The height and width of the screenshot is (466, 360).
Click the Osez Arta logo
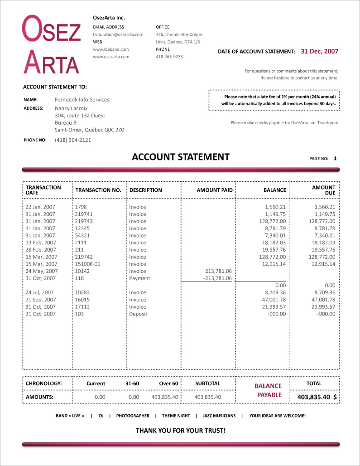(52, 44)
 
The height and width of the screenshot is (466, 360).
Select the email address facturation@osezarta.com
(118, 34)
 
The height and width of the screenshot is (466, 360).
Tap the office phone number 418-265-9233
(169, 57)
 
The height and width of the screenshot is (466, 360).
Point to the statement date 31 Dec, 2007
(319, 52)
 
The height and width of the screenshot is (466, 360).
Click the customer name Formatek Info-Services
(82, 100)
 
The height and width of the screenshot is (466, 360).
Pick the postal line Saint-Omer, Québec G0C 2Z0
(89, 130)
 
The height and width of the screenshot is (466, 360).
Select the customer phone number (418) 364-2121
(73, 140)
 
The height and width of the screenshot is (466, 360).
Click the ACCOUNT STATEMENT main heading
(181, 157)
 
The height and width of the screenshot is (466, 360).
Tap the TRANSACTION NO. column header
(98, 190)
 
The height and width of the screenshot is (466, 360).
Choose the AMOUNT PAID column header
(215, 190)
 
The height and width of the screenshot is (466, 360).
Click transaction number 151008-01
(88, 264)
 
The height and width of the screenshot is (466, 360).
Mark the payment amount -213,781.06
(217, 278)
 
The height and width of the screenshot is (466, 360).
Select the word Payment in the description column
(139, 278)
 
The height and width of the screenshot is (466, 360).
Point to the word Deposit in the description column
(138, 314)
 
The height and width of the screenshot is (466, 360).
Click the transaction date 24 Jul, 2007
(40, 293)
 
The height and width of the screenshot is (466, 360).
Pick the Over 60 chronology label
(168, 383)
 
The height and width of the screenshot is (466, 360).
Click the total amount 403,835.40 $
(317, 397)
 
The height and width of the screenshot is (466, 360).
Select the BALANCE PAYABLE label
(268, 390)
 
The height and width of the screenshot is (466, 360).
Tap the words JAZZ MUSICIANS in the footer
(219, 416)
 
